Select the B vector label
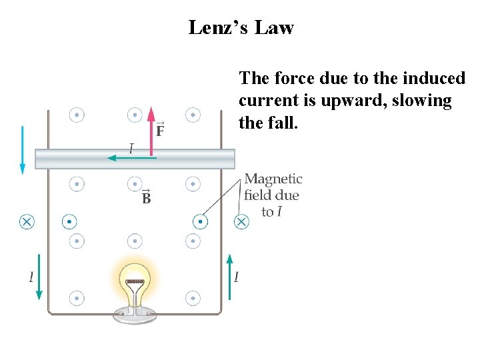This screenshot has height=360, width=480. pyautogui.click(x=146, y=197)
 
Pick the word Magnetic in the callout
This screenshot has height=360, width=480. pyautogui.click(x=273, y=179)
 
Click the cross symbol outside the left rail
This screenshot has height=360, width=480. pyautogui.click(x=27, y=221)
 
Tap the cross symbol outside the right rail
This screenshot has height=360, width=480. pyautogui.click(x=242, y=221)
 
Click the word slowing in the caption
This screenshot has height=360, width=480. pyautogui.click(x=421, y=101)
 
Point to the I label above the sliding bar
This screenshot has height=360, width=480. pyautogui.click(x=131, y=148)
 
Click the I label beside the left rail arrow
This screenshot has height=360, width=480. pyautogui.click(x=30, y=276)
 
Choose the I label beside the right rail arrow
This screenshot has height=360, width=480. pyautogui.click(x=237, y=276)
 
